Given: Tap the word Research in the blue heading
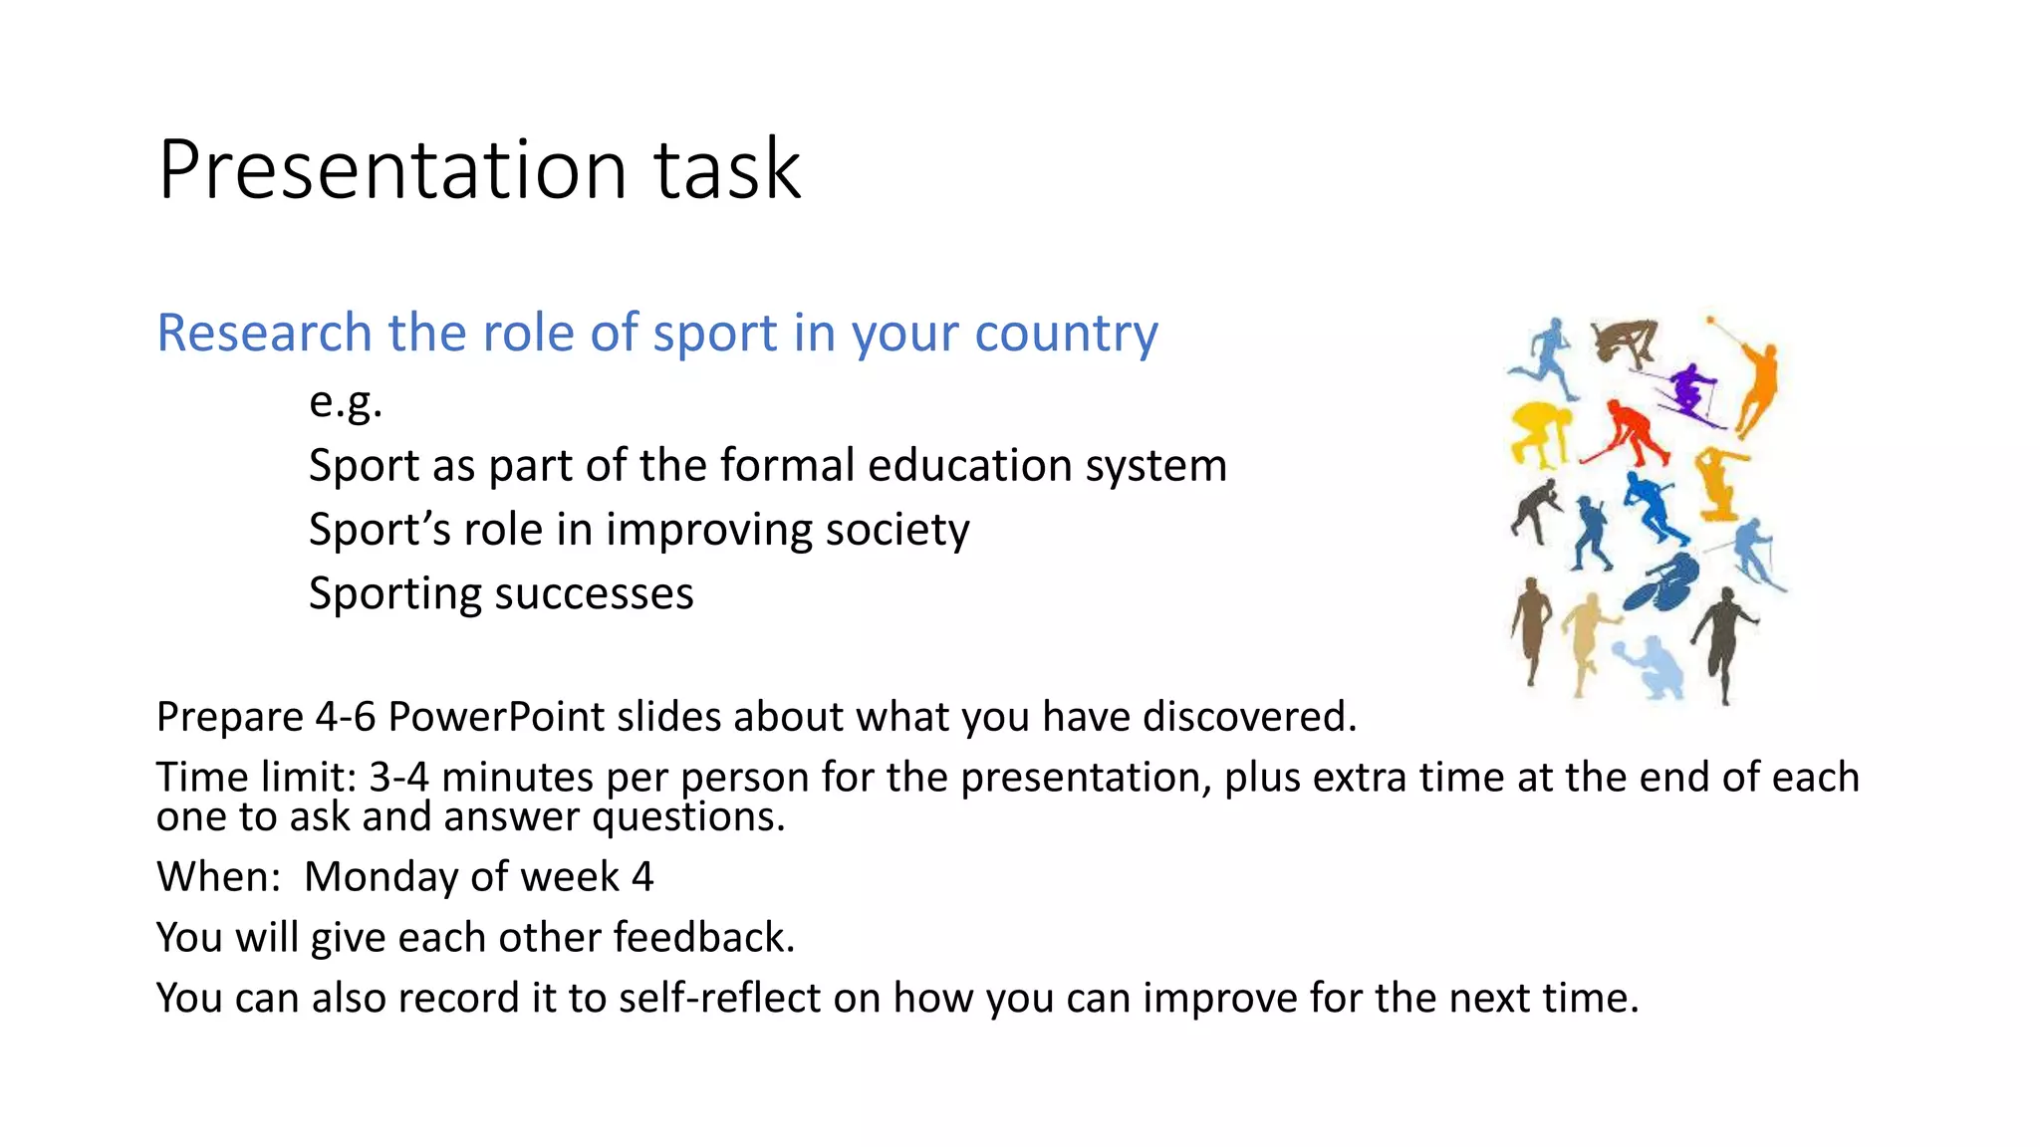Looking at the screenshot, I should [264, 333].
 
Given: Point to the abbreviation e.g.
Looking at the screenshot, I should [345, 402].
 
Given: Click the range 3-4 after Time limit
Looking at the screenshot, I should [397, 777].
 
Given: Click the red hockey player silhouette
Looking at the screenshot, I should [1630, 433].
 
